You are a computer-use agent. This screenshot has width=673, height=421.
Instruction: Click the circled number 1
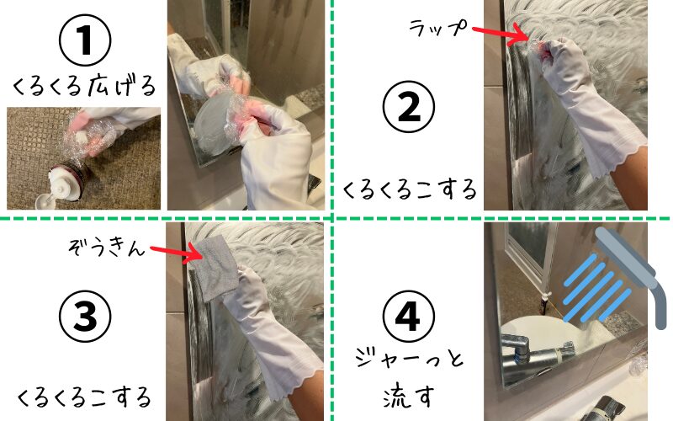point(85,40)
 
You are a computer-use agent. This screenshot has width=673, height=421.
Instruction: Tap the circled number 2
point(409,107)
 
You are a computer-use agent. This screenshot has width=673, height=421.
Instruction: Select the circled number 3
point(85,317)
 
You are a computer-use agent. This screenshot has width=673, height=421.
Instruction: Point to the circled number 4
point(408,317)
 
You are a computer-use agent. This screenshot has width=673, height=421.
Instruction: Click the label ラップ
point(437,28)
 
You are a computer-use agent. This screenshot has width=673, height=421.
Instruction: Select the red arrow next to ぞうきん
point(177,253)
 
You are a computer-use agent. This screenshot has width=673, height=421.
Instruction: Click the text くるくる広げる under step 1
point(84,87)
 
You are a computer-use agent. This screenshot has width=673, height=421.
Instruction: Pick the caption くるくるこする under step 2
point(410,189)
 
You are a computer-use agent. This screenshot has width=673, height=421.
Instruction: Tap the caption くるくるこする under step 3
point(84,397)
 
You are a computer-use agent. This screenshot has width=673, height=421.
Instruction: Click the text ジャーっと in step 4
point(410,359)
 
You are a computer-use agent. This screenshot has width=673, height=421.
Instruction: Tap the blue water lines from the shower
point(597,287)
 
